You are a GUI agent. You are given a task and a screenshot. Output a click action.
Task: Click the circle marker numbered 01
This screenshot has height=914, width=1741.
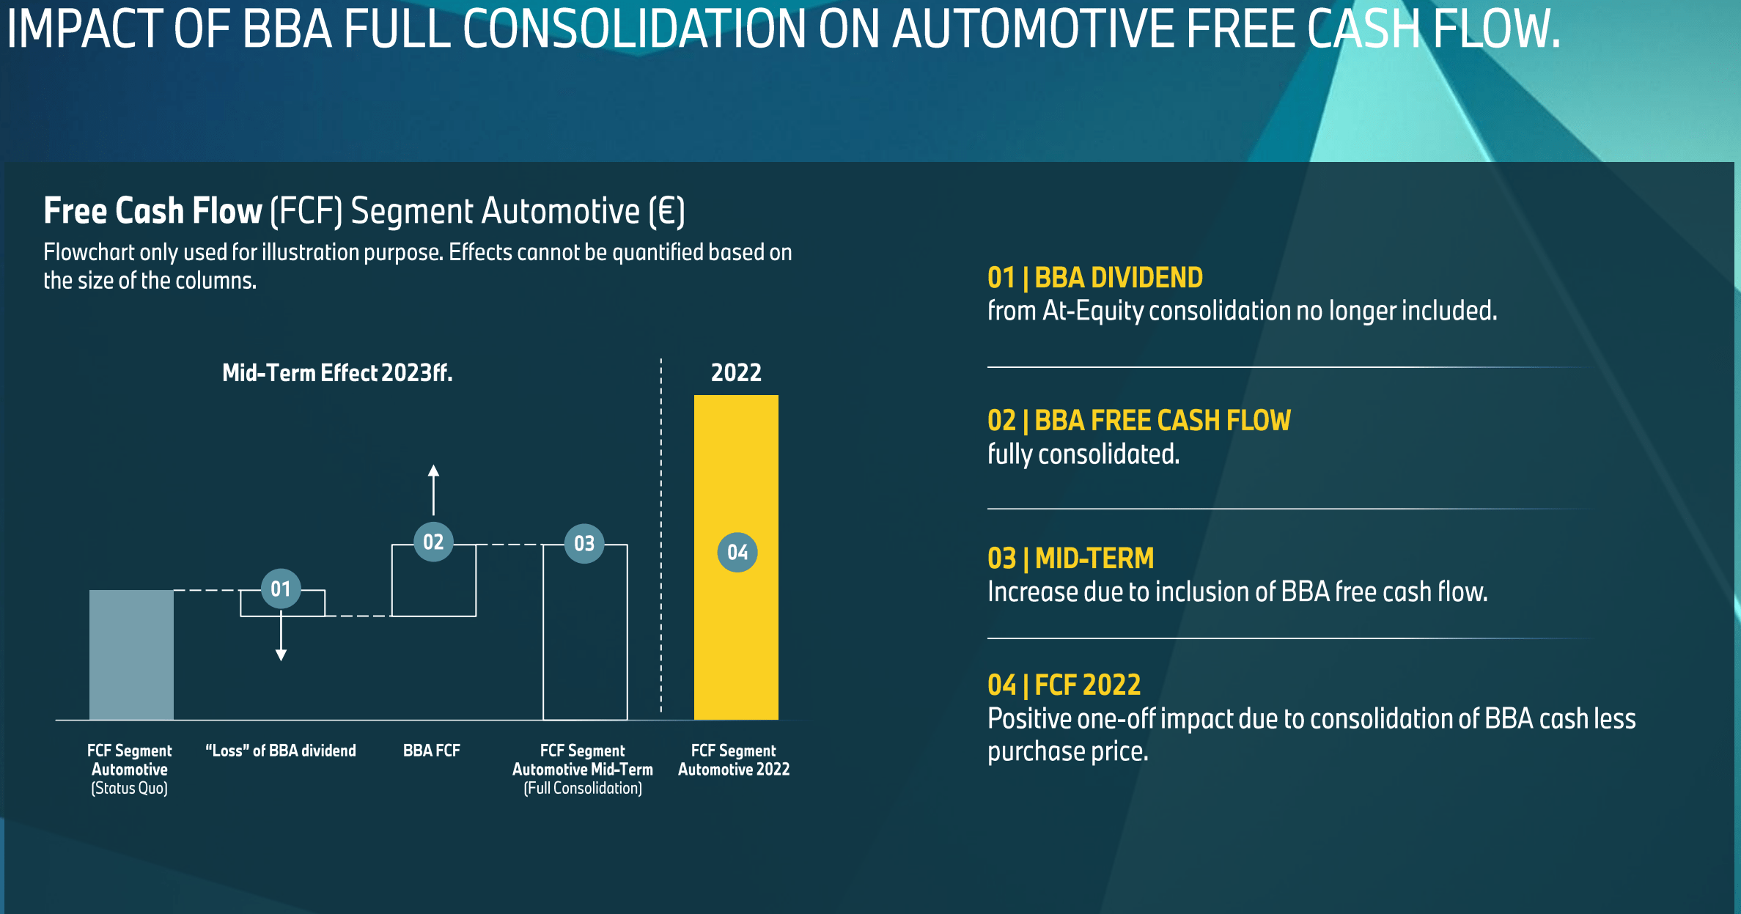(x=281, y=589)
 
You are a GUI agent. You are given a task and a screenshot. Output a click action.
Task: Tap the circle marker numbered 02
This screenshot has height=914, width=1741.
(x=433, y=542)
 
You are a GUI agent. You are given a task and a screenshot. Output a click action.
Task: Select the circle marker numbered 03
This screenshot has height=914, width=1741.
(x=584, y=543)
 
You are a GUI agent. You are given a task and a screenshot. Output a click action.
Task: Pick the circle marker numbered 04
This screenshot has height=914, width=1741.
(x=737, y=552)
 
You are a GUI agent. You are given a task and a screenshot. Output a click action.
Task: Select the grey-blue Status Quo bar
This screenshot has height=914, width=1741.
(x=131, y=655)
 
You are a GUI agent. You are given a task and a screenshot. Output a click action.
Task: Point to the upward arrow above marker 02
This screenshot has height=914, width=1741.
(x=433, y=490)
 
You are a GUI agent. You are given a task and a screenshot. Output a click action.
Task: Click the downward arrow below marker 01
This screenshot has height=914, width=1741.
(x=281, y=635)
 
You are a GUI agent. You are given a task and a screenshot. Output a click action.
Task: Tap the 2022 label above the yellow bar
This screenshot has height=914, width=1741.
(x=736, y=372)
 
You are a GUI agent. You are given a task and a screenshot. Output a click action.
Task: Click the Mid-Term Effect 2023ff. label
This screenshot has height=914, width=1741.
(x=337, y=372)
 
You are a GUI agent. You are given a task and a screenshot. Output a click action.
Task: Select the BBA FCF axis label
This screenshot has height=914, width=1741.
(x=432, y=751)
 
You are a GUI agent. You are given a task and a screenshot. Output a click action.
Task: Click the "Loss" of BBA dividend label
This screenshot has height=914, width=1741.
(x=281, y=751)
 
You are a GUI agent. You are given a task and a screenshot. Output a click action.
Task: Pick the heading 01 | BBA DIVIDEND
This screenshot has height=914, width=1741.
(x=1095, y=278)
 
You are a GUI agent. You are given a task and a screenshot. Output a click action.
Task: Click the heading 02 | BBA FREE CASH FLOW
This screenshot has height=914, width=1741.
(x=1139, y=421)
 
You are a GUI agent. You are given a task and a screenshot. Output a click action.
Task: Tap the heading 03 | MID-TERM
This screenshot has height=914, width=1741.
(x=1071, y=559)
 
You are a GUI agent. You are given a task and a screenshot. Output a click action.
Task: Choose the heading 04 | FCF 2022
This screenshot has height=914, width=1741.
(x=1064, y=685)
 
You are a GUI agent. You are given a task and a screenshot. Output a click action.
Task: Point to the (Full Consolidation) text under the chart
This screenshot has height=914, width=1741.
(x=583, y=789)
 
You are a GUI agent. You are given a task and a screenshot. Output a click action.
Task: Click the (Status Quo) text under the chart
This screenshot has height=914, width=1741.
(x=130, y=789)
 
